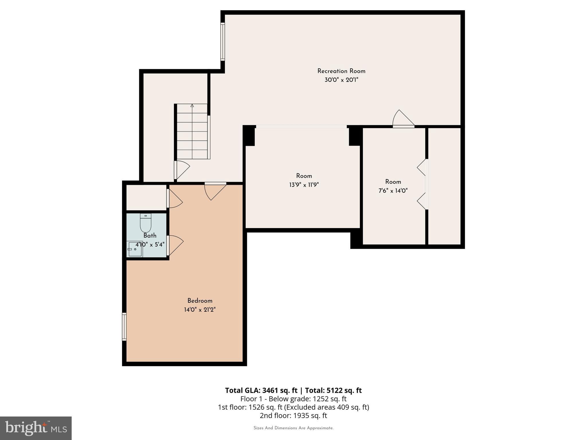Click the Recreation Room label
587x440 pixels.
[x=341, y=71]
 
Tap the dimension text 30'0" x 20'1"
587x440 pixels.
[x=341, y=80]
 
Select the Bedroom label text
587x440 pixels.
[x=200, y=301]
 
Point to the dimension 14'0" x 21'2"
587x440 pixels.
[x=200, y=310]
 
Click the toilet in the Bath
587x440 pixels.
[x=146, y=223]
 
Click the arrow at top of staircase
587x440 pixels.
[x=192, y=106]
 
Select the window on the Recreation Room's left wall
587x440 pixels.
[x=222, y=42]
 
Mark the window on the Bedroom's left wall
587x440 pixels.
[x=124, y=327]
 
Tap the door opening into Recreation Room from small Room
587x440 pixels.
[x=403, y=119]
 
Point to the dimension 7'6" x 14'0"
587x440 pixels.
[x=393, y=191]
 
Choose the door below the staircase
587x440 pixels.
[x=181, y=170]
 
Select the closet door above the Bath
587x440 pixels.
[x=174, y=199]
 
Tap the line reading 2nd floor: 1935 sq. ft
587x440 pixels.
[x=293, y=415]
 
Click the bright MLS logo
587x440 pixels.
[x=36, y=428]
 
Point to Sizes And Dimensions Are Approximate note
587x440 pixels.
[x=293, y=428]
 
